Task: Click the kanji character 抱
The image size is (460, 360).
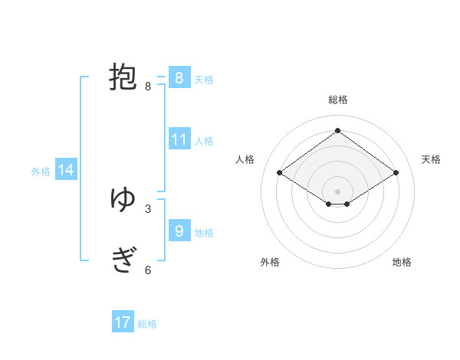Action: click(x=123, y=77)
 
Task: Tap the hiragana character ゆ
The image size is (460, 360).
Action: click(x=123, y=200)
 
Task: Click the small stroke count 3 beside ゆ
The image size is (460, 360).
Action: click(x=148, y=208)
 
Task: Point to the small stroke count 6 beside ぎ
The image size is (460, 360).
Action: click(x=148, y=270)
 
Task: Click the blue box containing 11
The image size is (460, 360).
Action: click(x=179, y=139)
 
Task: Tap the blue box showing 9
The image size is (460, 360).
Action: click(x=179, y=231)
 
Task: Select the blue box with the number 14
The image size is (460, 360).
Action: click(x=66, y=170)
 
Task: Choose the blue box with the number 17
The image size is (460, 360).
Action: click(x=123, y=322)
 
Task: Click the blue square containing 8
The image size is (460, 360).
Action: click(x=179, y=78)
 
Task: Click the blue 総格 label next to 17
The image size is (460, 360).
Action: click(x=147, y=324)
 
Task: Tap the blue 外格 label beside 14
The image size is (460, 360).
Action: click(x=41, y=172)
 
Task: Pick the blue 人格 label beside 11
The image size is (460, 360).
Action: click(x=204, y=141)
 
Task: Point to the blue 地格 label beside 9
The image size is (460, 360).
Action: click(x=204, y=232)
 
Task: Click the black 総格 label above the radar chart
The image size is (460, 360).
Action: click(x=337, y=100)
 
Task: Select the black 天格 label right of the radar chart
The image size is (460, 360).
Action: click(x=431, y=159)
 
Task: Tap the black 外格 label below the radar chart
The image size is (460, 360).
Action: click(x=270, y=262)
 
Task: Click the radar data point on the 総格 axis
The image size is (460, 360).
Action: click(x=337, y=131)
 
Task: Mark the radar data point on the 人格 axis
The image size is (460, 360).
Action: click(x=280, y=173)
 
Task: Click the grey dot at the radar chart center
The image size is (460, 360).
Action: click(x=337, y=190)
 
